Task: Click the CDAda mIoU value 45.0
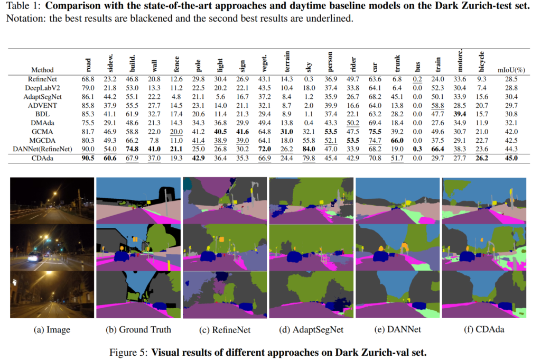(511, 158)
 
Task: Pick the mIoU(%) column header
(511, 69)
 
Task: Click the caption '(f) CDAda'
(484, 330)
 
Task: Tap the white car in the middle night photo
(35, 256)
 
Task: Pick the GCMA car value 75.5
(374, 132)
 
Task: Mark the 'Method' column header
(42, 69)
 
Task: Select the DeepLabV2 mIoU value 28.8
(511, 88)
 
